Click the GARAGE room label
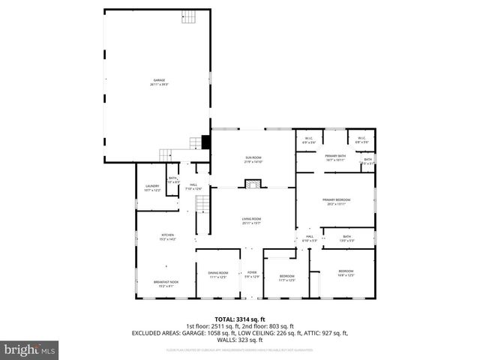(159, 82)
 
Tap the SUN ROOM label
(253, 160)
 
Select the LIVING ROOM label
(251, 221)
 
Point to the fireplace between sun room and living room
(253, 184)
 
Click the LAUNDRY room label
(152, 189)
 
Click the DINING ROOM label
(217, 274)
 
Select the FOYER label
(252, 274)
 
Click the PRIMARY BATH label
(334, 157)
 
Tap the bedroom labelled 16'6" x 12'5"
(345, 273)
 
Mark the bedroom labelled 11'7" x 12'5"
(287, 277)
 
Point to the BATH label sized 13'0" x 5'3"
(346, 238)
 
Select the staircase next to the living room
(201, 203)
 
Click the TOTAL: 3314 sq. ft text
(240, 319)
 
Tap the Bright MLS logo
(30, 349)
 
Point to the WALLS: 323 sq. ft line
(240, 338)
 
